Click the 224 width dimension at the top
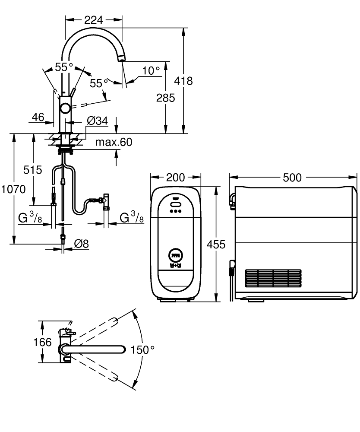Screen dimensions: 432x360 tap(93, 19)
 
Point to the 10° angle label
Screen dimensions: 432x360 tap(151, 70)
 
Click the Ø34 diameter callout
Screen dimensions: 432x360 tap(97, 121)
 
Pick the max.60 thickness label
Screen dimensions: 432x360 tap(114, 142)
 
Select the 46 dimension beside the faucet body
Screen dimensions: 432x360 tap(38, 117)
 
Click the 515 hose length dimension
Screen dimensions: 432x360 tap(33, 170)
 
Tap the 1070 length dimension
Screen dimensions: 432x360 tap(13, 189)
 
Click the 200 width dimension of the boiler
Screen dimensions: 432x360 tap(175, 177)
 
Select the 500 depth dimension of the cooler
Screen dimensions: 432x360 tap(292, 177)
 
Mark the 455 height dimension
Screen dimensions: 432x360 tap(216, 245)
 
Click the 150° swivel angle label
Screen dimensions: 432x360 tap(142, 350)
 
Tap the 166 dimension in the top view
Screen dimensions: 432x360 tap(42, 343)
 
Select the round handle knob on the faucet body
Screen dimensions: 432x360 tap(66, 108)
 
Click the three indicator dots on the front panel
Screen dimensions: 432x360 tap(175, 212)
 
